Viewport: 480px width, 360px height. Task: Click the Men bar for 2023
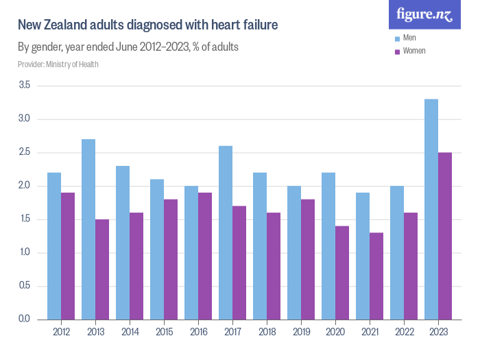coord(431,209)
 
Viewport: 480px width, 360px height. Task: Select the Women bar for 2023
coord(445,236)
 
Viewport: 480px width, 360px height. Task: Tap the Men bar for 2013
coord(88,229)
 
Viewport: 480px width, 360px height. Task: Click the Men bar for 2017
coord(226,232)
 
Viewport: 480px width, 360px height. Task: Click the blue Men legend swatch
coord(397,38)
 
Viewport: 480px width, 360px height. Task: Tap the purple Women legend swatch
coord(397,51)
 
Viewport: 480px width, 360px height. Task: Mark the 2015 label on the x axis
coord(164,332)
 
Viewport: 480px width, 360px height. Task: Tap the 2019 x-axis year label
coord(301,332)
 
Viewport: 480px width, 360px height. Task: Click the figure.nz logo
coord(425,14)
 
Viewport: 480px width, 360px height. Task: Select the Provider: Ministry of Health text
coord(58,64)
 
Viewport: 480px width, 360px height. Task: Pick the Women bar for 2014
coord(136,266)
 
